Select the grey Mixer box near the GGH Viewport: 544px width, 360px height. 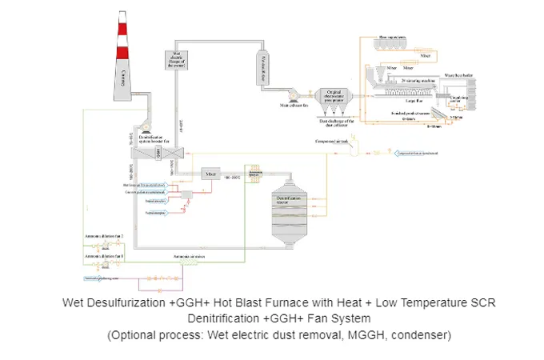[x=211, y=173]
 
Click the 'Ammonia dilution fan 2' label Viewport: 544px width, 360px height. [x=104, y=237]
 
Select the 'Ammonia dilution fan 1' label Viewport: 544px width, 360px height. [x=104, y=255]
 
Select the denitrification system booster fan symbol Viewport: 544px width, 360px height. [x=148, y=122]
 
